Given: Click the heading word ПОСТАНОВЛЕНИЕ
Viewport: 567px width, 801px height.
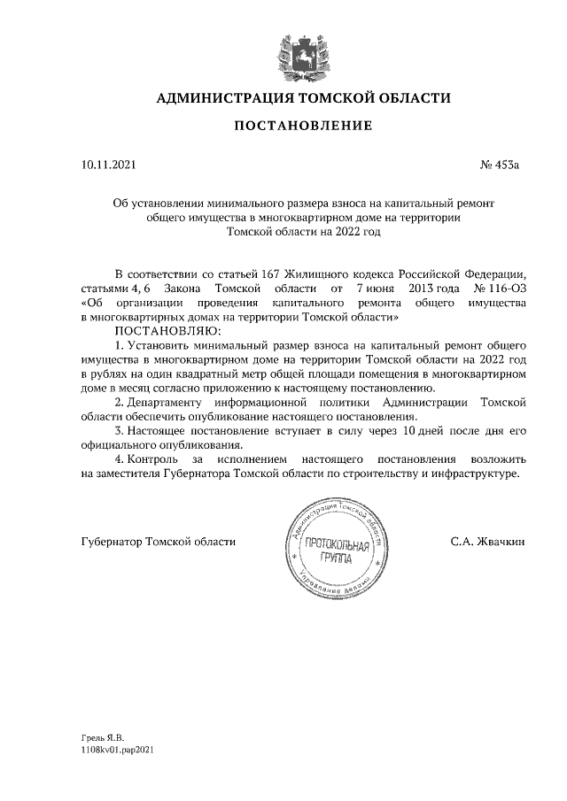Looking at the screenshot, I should click(302, 127).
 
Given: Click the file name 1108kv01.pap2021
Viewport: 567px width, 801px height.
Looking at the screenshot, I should click(118, 749).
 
